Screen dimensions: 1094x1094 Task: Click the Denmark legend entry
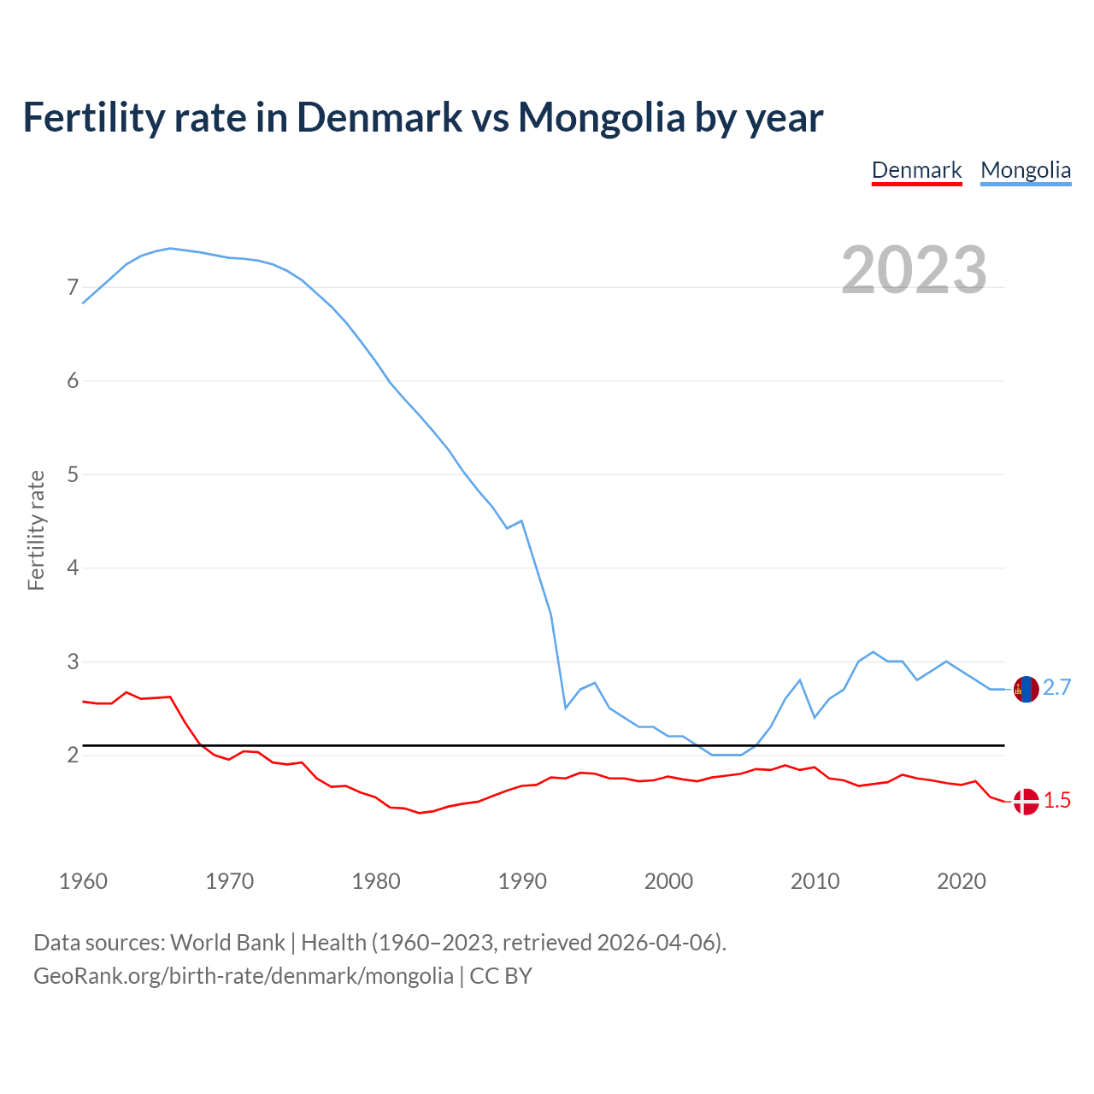pyautogui.click(x=916, y=170)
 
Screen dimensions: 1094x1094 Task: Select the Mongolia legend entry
pyautogui.click(x=1026, y=170)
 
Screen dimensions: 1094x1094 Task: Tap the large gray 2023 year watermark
pyautogui.click(x=914, y=270)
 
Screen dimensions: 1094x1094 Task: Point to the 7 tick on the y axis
pyautogui.click(x=73, y=287)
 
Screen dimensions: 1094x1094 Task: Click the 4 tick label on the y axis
pyautogui.click(x=73, y=568)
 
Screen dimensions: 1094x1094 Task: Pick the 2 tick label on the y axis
pyautogui.click(x=73, y=755)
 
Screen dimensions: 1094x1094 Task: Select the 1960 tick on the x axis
pyautogui.click(x=83, y=881)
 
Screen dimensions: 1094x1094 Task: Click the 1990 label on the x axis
pyautogui.click(x=522, y=881)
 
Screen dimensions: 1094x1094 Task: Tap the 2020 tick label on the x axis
pyautogui.click(x=962, y=881)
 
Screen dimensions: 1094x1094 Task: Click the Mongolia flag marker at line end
pyautogui.click(x=1026, y=689)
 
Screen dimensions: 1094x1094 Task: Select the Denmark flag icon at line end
pyautogui.click(x=1026, y=802)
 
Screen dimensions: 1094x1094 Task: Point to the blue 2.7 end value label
pyautogui.click(x=1057, y=688)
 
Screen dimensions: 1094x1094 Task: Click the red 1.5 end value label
pyautogui.click(x=1057, y=801)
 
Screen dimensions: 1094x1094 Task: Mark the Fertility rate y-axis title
pyautogui.click(x=36, y=530)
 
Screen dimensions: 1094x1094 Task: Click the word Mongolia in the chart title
pyautogui.click(x=602, y=117)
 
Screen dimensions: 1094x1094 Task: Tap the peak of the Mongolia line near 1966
pyautogui.click(x=170, y=248)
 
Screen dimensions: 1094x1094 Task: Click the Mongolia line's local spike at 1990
pyautogui.click(x=521, y=521)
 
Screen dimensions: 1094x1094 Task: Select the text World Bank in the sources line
pyautogui.click(x=227, y=943)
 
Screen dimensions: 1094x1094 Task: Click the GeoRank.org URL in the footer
pyautogui.click(x=244, y=976)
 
